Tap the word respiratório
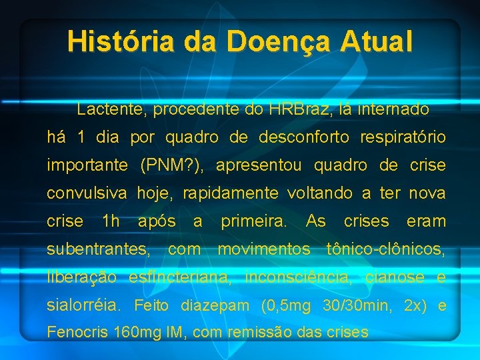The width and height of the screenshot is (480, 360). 403,137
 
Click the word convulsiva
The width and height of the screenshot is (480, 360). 87,193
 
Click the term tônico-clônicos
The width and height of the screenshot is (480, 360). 386,249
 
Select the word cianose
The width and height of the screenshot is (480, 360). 398,277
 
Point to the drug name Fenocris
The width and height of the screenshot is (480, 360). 79,332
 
